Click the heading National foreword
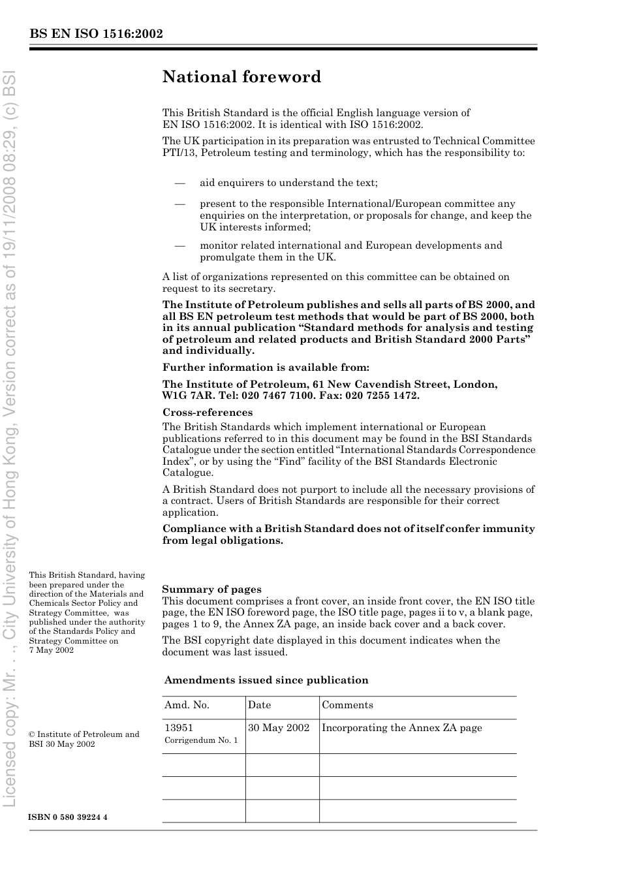click(241, 77)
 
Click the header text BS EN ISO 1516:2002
click(96, 34)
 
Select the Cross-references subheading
click(208, 413)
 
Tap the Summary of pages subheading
click(211, 589)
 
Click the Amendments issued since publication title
click(266, 680)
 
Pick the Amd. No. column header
click(187, 705)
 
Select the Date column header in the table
click(259, 705)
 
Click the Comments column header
click(347, 705)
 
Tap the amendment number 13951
click(179, 728)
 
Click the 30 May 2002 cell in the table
click(279, 728)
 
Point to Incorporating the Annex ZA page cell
click(401, 728)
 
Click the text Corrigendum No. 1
click(201, 740)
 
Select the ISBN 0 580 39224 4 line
click(68, 817)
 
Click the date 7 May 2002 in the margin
click(52, 650)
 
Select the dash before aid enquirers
click(179, 183)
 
